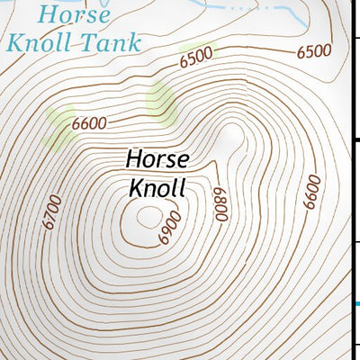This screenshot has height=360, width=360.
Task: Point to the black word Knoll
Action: click(157, 188)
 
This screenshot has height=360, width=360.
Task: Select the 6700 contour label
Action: click(52, 212)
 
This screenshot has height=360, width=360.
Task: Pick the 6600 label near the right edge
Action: click(311, 192)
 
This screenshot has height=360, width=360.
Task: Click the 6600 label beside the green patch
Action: click(90, 122)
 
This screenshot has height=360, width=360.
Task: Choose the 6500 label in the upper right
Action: click(314, 51)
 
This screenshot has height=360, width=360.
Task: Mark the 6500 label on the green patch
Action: click(195, 57)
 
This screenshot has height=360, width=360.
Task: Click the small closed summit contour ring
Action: click(146, 215)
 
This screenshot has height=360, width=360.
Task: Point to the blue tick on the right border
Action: click(357, 303)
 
